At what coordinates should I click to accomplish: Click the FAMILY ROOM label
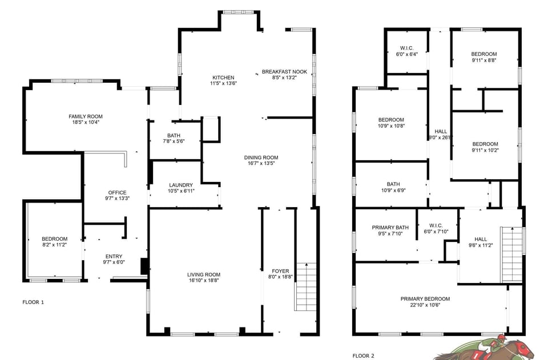point(86,116)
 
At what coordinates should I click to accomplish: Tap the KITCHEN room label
point(223,78)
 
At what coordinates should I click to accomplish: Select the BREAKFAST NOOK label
point(284,72)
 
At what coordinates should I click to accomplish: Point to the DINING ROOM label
point(261,158)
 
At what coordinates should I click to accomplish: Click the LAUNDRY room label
point(181,185)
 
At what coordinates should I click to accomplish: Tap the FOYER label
point(280,271)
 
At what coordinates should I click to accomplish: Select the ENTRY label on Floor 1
point(114,257)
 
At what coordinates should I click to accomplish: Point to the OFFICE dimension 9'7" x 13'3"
point(117,199)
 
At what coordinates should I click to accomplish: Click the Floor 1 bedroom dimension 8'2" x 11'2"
point(54,245)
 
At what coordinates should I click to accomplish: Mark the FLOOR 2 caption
point(364,355)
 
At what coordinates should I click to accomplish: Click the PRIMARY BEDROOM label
point(425,299)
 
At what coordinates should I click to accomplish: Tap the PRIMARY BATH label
point(390,227)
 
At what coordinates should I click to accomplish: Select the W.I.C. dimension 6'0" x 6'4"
point(407,54)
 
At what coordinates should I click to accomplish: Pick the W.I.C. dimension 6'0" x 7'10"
point(436,232)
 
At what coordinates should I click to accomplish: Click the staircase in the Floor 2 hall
point(511,254)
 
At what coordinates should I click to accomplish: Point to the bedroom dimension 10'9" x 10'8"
point(391,126)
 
